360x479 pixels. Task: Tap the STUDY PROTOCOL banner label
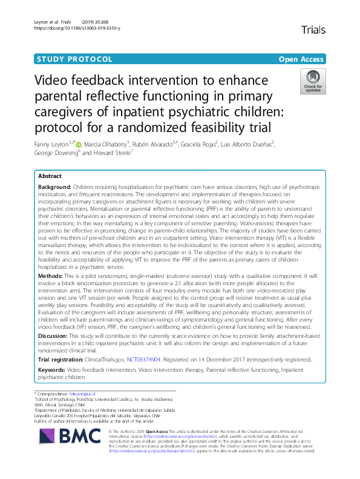74,59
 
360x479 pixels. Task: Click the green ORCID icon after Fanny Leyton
78,145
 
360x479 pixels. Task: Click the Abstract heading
51,174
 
